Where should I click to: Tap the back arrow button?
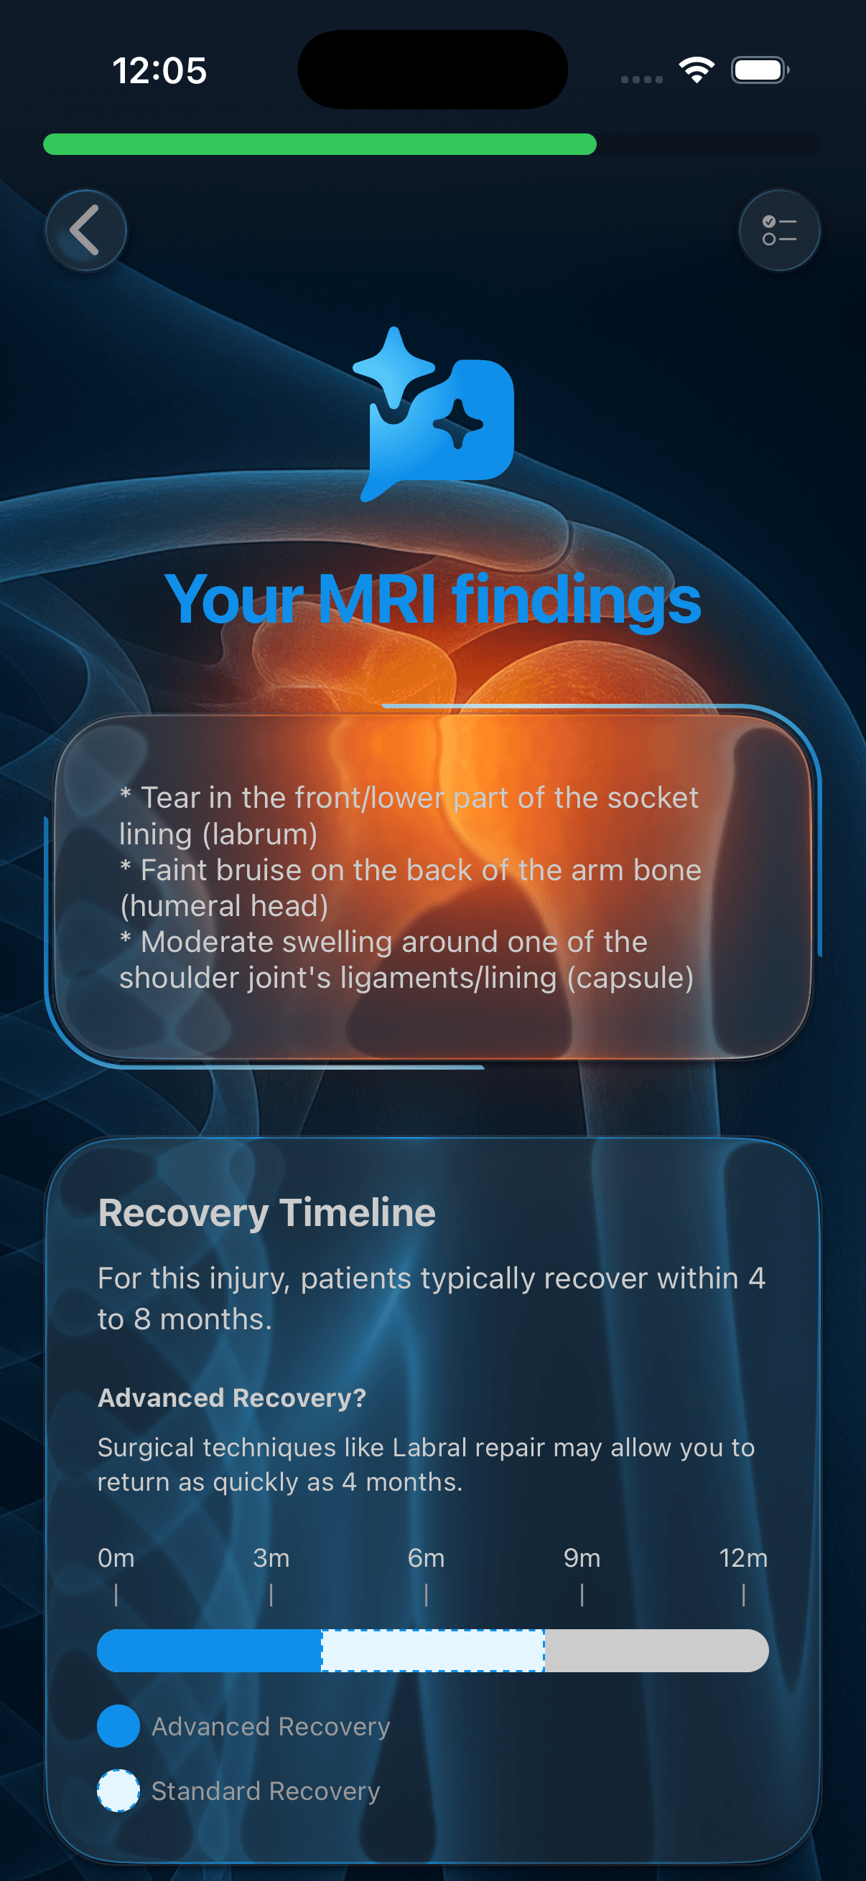pos(85,231)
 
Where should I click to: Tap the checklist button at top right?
pos(779,231)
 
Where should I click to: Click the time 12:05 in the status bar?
pos(159,71)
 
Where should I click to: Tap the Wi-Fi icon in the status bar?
pos(697,70)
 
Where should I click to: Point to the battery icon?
pos(760,70)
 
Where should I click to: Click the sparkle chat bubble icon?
pos(434,414)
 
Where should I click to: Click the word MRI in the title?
pos(377,600)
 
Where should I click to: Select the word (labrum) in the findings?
pos(218,834)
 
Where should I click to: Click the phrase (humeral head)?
pos(223,906)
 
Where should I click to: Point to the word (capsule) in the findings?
pos(630,978)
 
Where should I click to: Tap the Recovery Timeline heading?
pos(266,1213)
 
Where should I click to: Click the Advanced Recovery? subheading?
pos(232,1397)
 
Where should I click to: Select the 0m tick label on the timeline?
pos(116,1558)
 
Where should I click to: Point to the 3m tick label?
pos(271,1558)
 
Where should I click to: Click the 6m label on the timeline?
pos(426,1558)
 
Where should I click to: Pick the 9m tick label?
pos(582,1558)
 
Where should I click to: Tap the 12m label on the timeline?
pos(743,1558)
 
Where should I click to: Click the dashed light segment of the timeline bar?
pos(432,1650)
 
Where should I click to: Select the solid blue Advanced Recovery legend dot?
pos(118,1726)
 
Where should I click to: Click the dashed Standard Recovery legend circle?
pos(118,1791)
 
